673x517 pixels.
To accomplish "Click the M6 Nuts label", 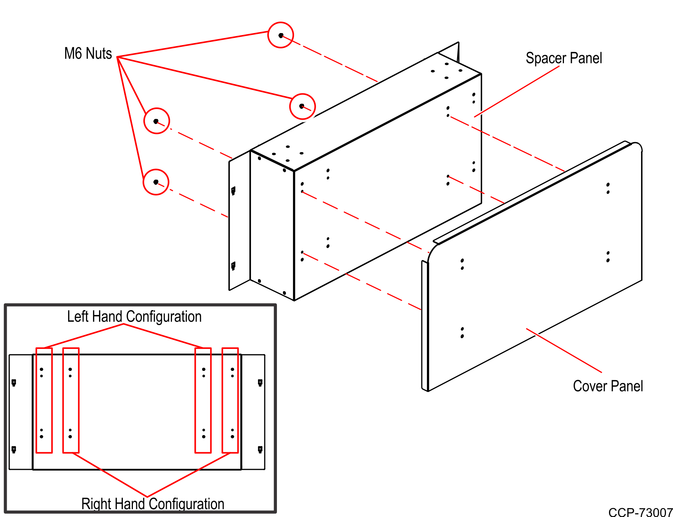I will pos(88,54).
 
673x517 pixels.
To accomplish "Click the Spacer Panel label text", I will pos(564,58).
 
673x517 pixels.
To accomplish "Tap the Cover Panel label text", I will pos(607,386).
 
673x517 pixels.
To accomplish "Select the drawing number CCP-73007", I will pos(640,512).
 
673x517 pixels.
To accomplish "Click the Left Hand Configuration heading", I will pos(134,317).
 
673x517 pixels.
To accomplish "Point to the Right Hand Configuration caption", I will pos(153,504).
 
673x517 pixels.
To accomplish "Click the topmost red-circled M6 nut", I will pos(281,35).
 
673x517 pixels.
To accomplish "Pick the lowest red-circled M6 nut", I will pos(156,182).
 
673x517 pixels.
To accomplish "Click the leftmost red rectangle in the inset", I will pos(44,400).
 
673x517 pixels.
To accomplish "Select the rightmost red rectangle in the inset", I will pos(230,400).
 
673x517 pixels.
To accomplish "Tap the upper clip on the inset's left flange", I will pos(14,382).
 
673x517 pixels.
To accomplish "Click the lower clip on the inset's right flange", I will pos(260,449).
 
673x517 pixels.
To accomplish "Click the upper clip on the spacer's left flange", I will pos(233,190).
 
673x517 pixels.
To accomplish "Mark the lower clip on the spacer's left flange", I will pos(233,266).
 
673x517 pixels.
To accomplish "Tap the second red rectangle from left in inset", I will pos(71,400).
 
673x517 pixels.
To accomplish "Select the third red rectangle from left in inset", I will pos(203,400).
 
